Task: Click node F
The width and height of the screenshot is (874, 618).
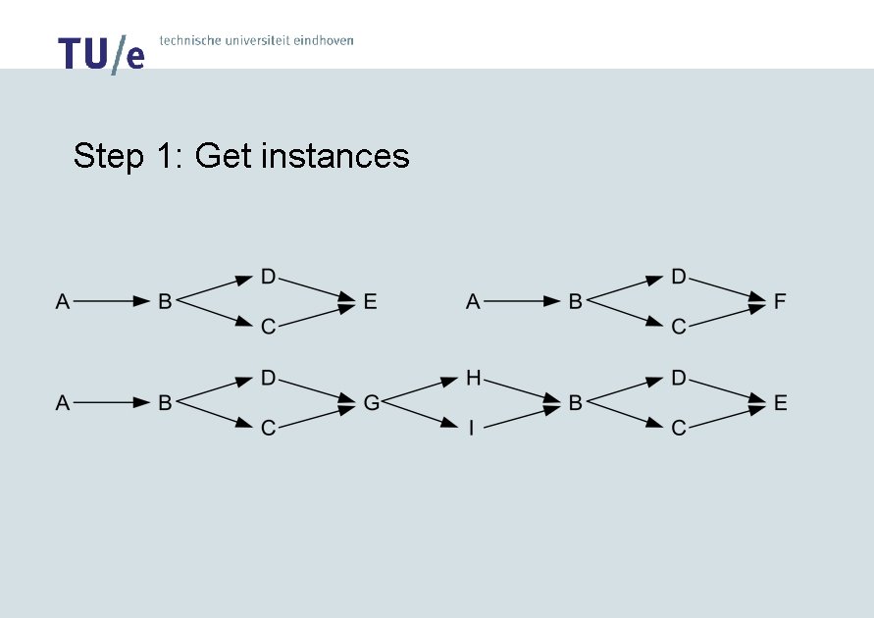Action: (780, 302)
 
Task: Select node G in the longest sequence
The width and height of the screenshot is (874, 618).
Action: (371, 402)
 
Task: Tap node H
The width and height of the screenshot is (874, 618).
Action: (473, 379)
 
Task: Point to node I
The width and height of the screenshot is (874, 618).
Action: (472, 428)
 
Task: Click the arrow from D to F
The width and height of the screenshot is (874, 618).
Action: (727, 289)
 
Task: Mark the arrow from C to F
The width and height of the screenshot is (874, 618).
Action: (727, 315)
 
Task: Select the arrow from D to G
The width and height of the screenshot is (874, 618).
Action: (317, 390)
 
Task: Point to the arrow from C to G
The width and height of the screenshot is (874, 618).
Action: (317, 415)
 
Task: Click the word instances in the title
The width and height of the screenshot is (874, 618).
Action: (334, 156)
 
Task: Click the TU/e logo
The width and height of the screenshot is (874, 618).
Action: (101, 53)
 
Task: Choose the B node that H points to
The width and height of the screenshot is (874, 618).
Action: (575, 402)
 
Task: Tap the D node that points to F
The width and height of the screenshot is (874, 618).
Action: (678, 277)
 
